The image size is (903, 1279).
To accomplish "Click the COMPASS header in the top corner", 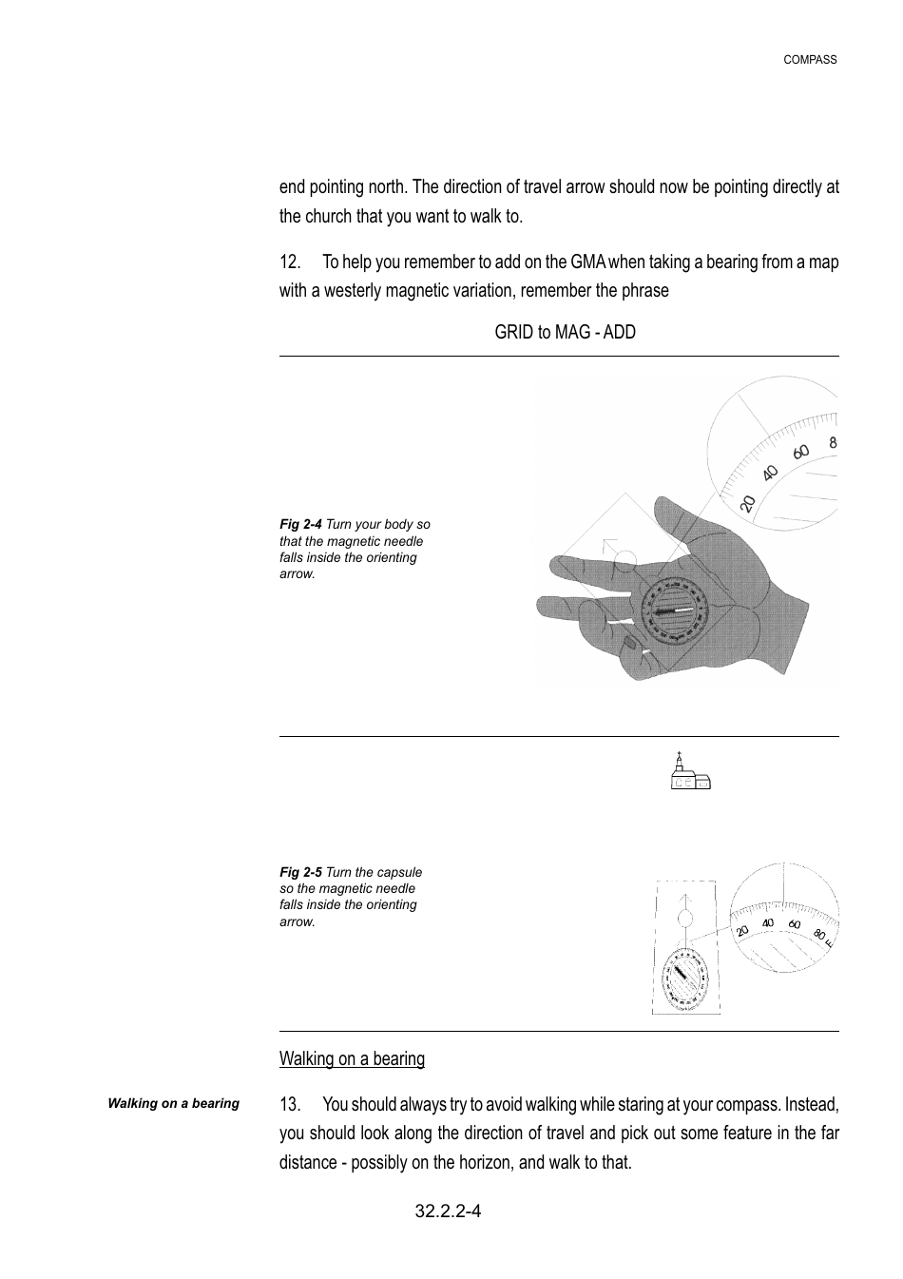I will click(810, 60).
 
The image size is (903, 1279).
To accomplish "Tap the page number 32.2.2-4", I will click(448, 1211).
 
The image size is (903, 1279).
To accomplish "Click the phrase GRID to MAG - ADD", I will click(565, 332).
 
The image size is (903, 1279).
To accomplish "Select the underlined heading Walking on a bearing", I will click(352, 1058).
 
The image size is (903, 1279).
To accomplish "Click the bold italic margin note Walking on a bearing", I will click(173, 1104).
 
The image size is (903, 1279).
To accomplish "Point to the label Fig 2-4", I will click(300, 525).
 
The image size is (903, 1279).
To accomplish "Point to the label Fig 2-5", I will click(300, 872).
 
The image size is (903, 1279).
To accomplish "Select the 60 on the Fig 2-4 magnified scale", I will click(801, 452).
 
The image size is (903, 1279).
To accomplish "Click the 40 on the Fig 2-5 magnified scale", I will click(768, 923).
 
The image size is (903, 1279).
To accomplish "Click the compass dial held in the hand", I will click(675, 613).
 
